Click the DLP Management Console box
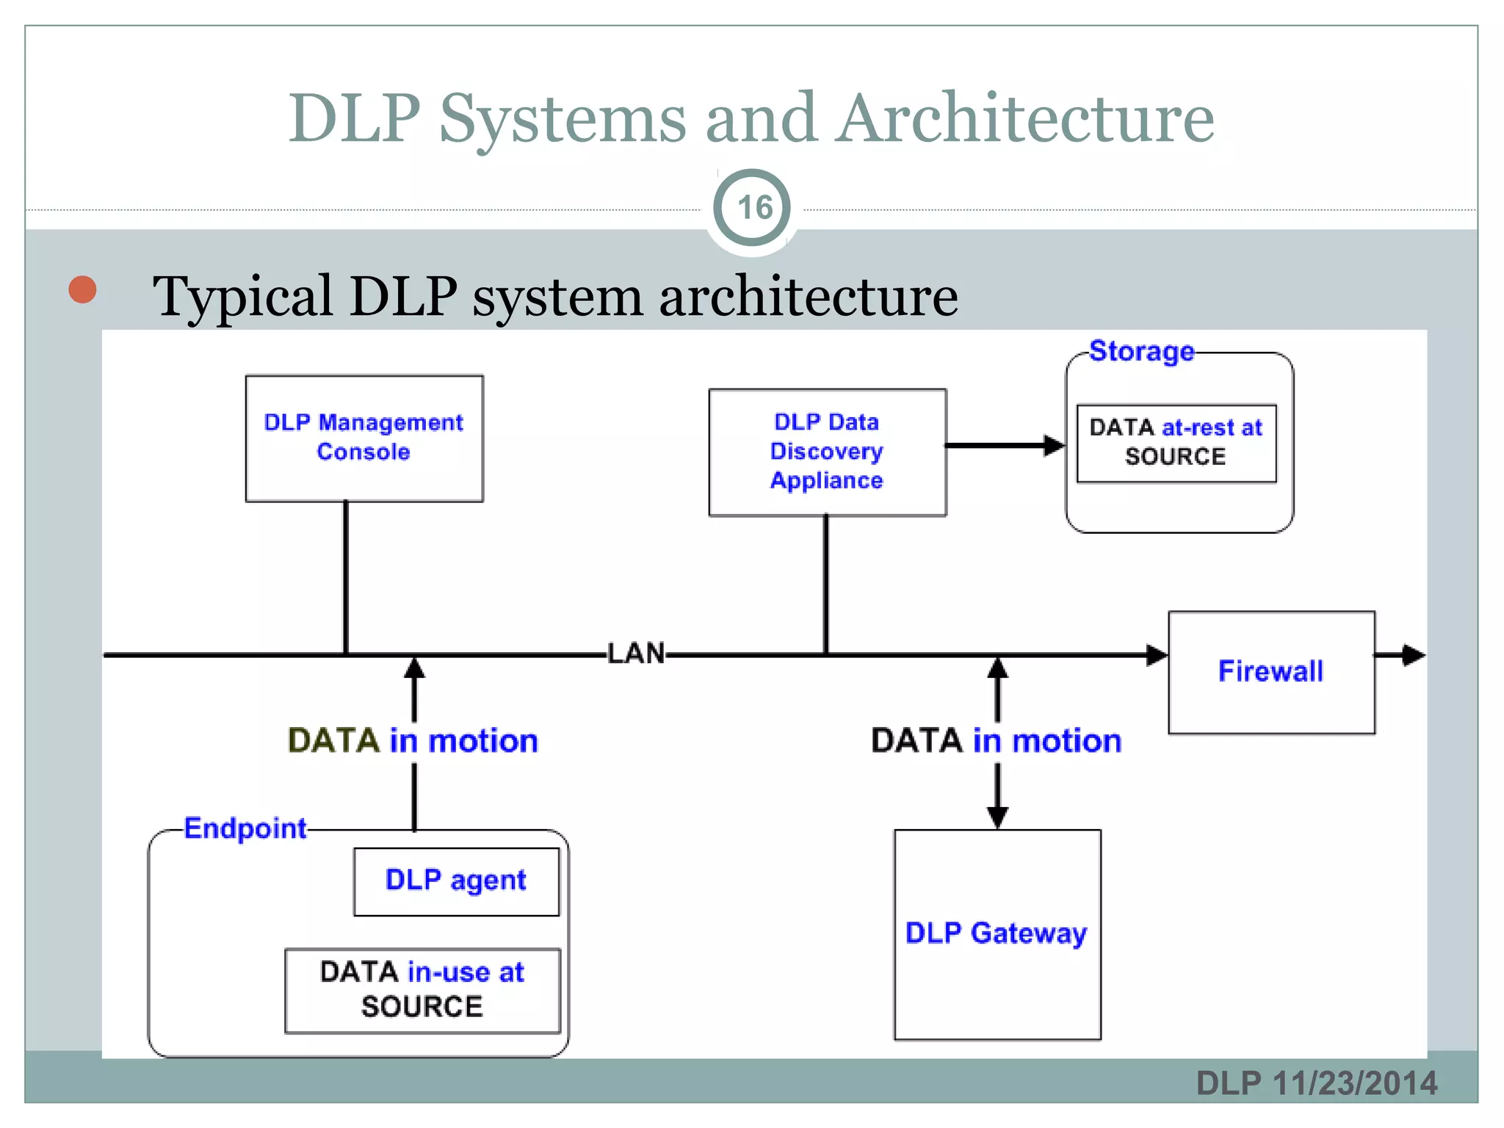pyautogui.click(x=364, y=438)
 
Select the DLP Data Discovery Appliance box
pyautogui.click(x=827, y=452)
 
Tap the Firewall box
pyautogui.click(x=1271, y=672)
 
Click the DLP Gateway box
pyautogui.click(x=997, y=934)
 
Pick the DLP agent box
pyautogui.click(x=456, y=881)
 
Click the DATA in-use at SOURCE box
pyautogui.click(x=422, y=990)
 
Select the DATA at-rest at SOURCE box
pyautogui.click(x=1176, y=443)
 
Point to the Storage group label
pyautogui.click(x=1141, y=352)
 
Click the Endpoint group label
pyautogui.click(x=245, y=828)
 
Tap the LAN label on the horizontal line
pyautogui.click(x=636, y=654)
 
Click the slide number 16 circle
pyautogui.click(x=753, y=208)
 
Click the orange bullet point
pyautogui.click(x=82, y=289)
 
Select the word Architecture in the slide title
pyautogui.click(x=1026, y=119)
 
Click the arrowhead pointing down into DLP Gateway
pyautogui.click(x=997, y=816)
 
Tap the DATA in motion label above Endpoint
pyautogui.click(x=413, y=741)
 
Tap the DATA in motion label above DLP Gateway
pyautogui.click(x=996, y=741)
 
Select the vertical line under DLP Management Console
pyautogui.click(x=346, y=577)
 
